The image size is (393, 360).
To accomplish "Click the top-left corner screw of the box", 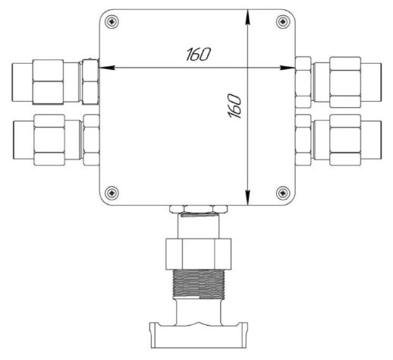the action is point(112,21).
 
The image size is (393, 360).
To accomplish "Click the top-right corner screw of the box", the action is point(283,21).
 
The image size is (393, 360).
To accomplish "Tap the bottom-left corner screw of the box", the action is point(112,193).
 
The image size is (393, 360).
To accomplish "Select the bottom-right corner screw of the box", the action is point(283,193).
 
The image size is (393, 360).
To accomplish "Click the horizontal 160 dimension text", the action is point(198,54).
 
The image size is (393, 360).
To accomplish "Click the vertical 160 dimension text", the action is point(234,106).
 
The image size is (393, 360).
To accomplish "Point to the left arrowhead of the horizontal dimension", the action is point(106,68).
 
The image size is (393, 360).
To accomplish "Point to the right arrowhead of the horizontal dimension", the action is point(288,68).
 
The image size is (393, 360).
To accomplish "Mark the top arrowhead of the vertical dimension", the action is point(248,17).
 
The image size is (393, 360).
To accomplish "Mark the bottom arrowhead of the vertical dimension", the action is point(248,197).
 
